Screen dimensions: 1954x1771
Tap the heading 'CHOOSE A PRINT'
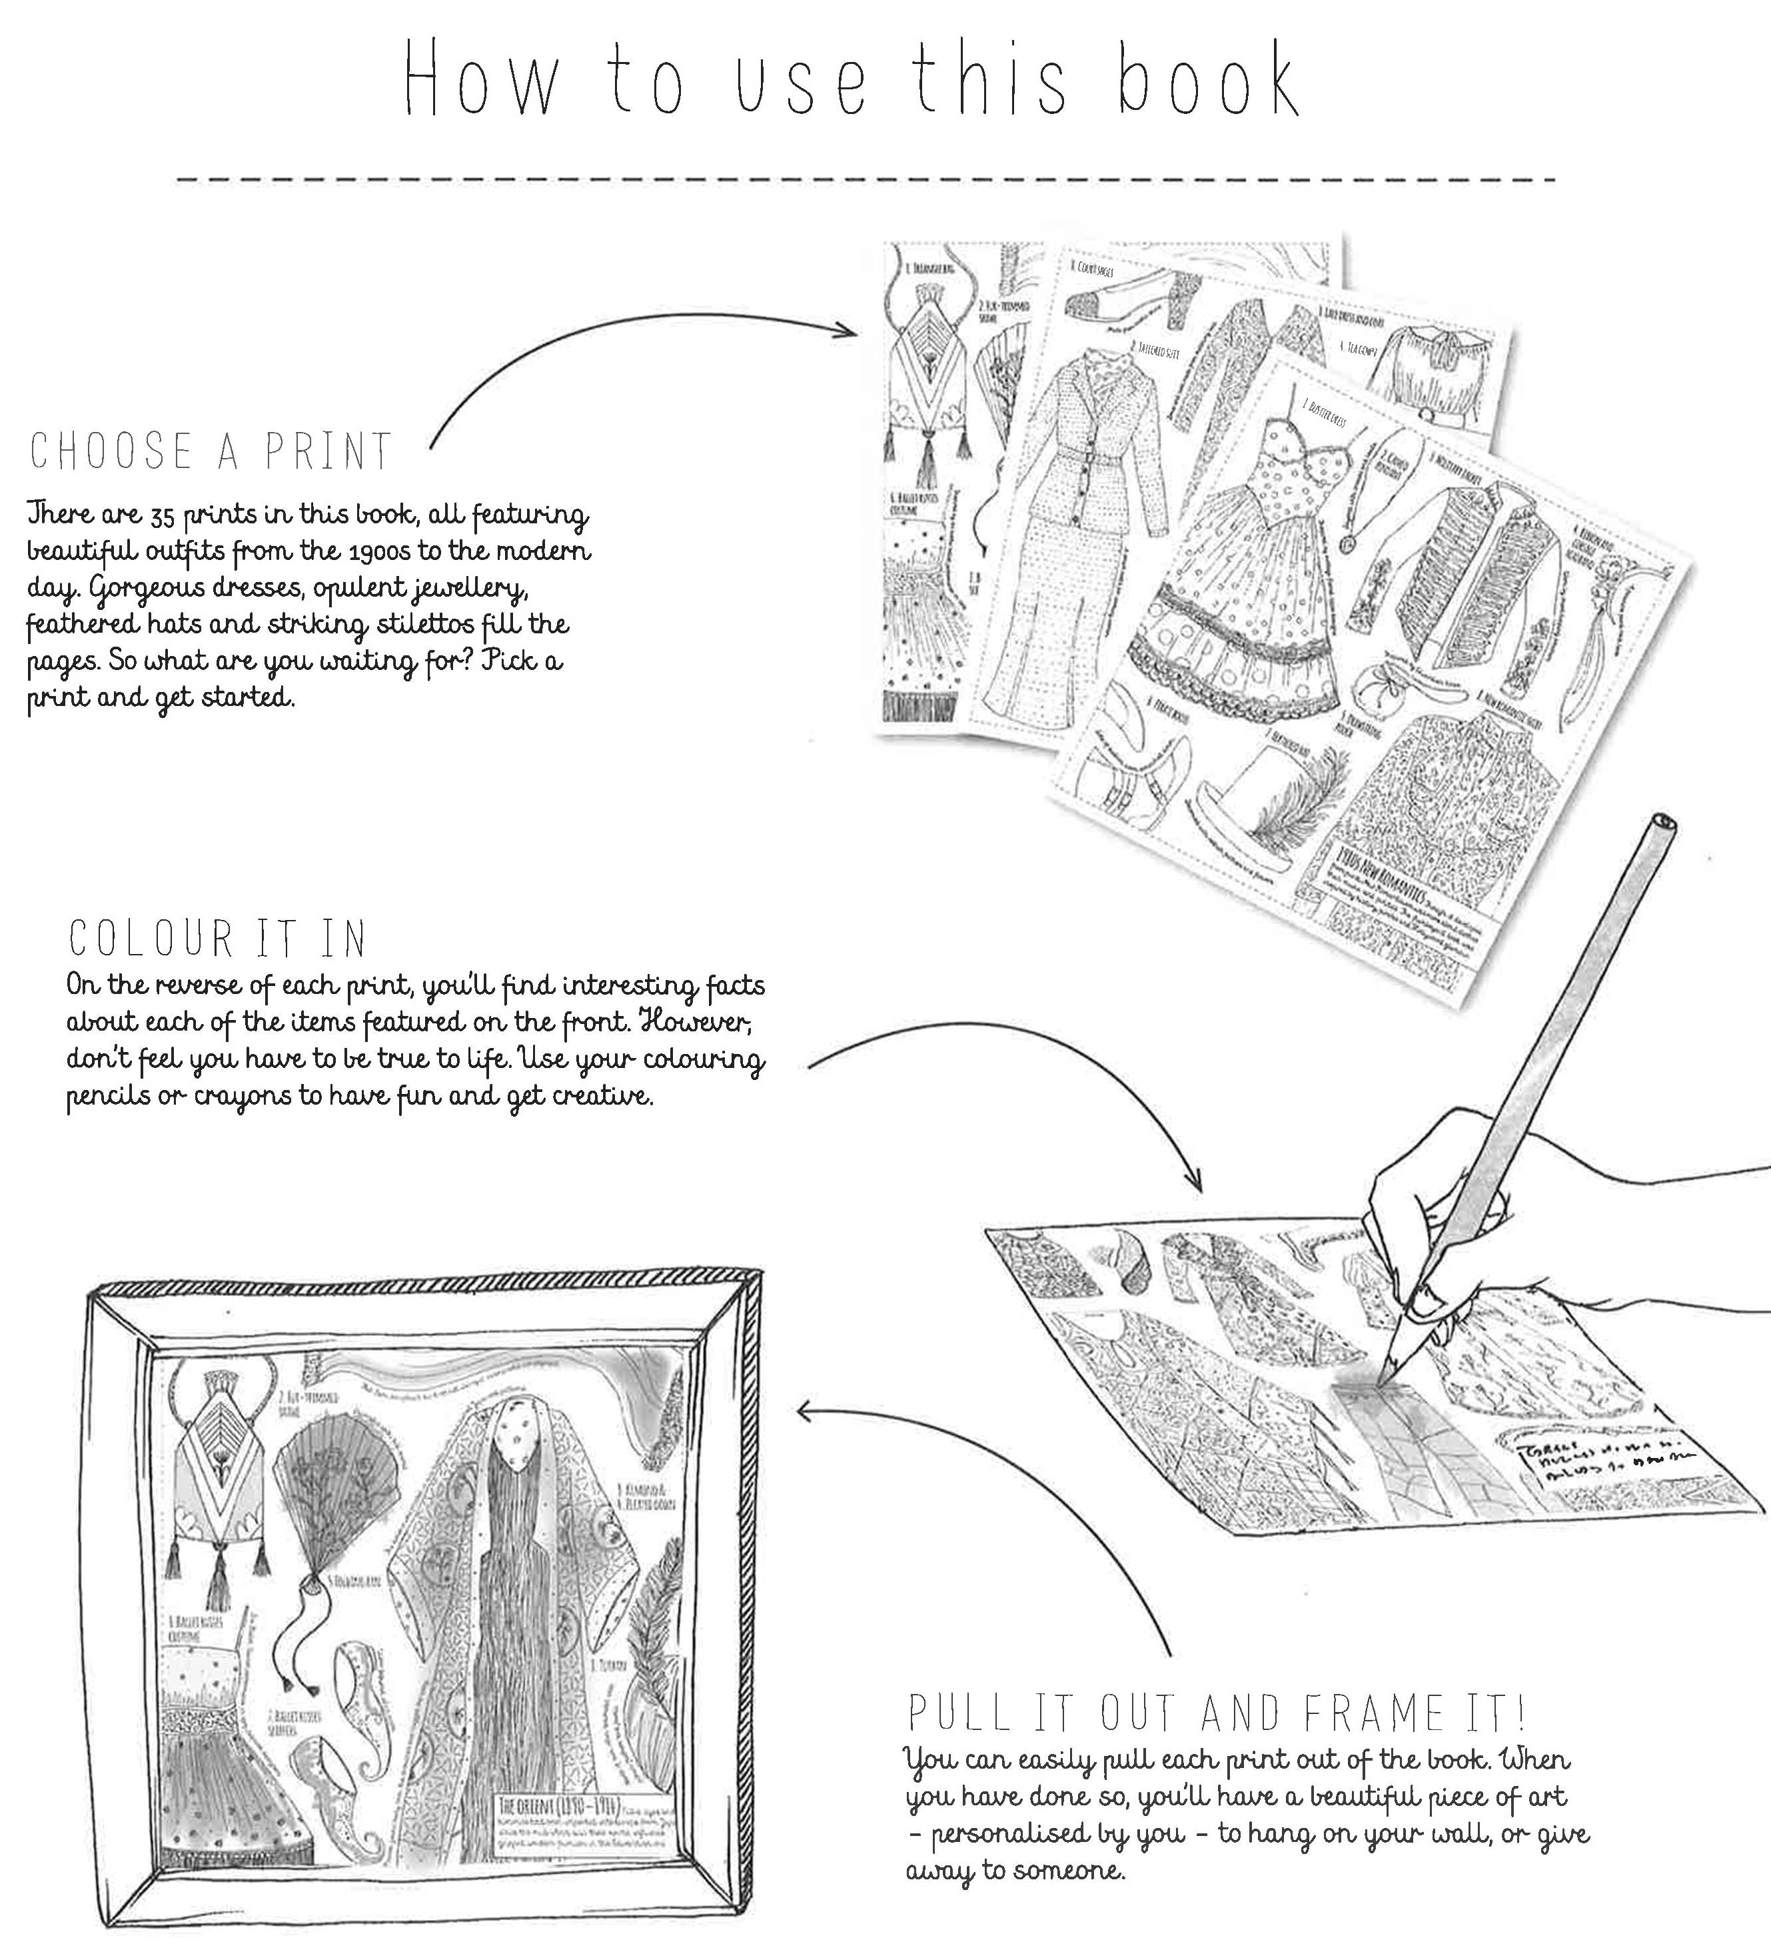coord(211,453)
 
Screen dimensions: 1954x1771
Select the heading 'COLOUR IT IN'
coord(218,938)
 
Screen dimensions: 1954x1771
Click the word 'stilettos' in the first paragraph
coord(399,624)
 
